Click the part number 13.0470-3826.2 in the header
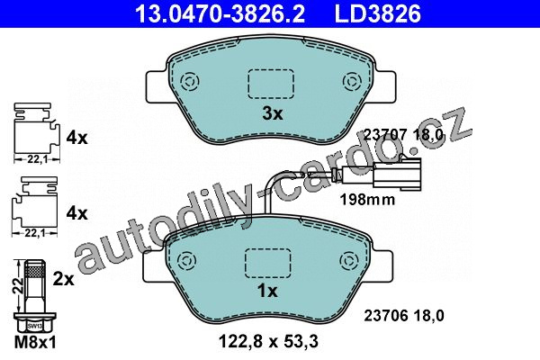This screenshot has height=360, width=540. tap(220, 13)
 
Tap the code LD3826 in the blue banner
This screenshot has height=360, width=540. tap(377, 13)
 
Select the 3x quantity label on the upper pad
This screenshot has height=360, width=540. tap(273, 113)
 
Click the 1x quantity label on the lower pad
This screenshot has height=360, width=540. tap(267, 291)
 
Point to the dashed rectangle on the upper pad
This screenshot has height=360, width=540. tap(271, 84)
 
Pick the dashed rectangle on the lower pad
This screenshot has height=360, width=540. tap(267, 263)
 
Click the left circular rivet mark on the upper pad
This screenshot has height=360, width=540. tap(190, 82)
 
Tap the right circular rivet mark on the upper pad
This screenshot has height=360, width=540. tap(352, 82)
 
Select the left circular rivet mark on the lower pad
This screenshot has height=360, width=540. tap(186, 261)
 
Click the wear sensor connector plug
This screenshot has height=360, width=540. tap(397, 174)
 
